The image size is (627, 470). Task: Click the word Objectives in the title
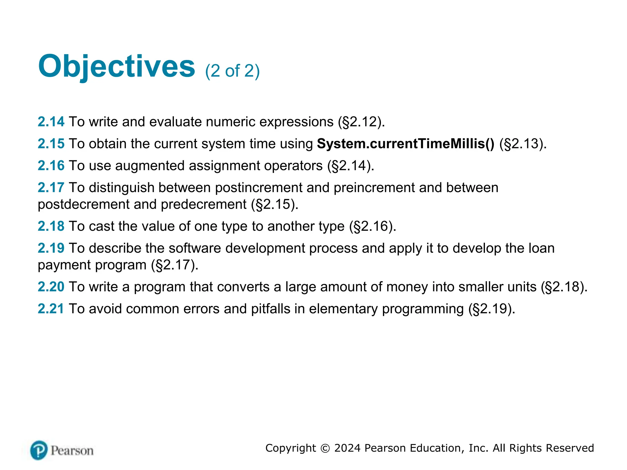pos(116,66)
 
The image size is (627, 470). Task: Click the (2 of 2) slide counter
pos(232,71)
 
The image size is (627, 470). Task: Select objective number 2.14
pos(51,122)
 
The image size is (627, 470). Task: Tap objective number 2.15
pos(51,144)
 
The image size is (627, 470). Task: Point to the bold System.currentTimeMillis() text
pos(405,144)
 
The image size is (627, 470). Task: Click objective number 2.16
pos(51,166)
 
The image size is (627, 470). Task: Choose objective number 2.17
pos(51,188)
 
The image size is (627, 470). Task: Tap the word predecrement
pos(204,204)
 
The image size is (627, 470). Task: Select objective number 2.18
pos(51,226)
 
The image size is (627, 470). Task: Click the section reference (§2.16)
pos(373,226)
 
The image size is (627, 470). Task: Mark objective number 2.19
pos(51,248)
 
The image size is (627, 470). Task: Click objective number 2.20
pos(51,287)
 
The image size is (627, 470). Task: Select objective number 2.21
pos(51,309)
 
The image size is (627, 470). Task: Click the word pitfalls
pos(271,309)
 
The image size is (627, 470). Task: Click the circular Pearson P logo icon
pos(39,450)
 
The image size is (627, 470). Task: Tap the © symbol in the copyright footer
pos(325,448)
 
